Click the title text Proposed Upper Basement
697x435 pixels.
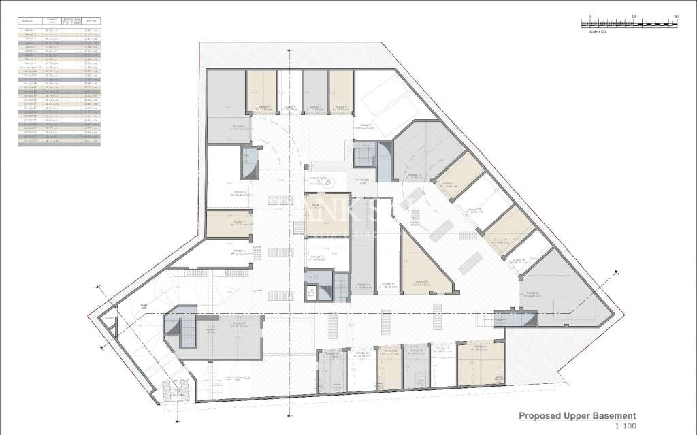tap(577, 415)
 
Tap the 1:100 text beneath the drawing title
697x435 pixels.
tap(624, 426)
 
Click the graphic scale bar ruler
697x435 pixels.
tap(630, 23)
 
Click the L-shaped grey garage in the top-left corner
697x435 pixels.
tap(226, 112)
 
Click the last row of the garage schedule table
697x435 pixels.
tap(58, 140)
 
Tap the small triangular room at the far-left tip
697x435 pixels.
tap(108, 327)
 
